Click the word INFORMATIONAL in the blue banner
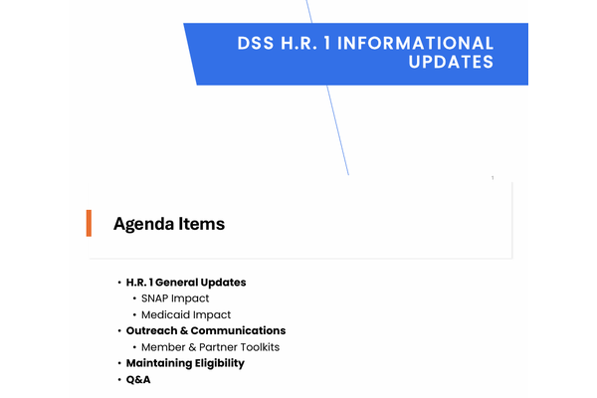[415, 43]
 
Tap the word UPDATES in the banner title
[451, 62]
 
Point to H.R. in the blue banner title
[298, 43]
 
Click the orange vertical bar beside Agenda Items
[89, 223]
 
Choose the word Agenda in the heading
[143, 224]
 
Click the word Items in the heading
[202, 224]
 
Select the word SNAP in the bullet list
[154, 298]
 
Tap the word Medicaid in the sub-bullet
[162, 314]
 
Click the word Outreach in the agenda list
[151, 330]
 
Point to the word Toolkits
[260, 347]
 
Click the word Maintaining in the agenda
[159, 363]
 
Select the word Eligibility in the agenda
[220, 363]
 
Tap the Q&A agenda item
[138, 379]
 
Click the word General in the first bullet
[176, 283]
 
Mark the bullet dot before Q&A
[119, 379]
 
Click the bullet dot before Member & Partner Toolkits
[134, 347]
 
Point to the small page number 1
[493, 178]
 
